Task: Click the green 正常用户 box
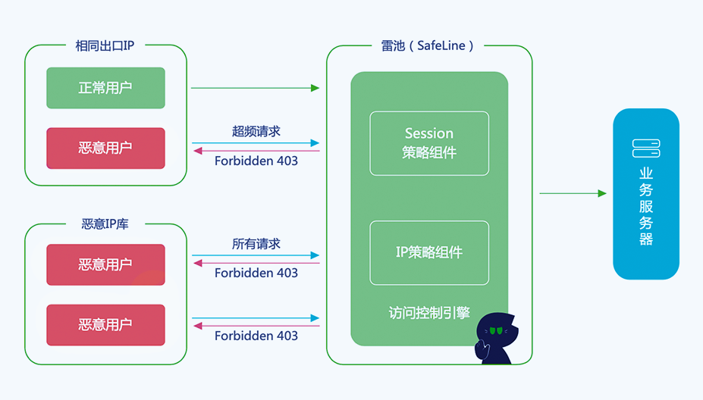105,88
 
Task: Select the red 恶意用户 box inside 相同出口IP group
105,148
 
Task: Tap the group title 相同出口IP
105,45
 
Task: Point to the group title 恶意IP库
105,224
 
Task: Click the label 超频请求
256,131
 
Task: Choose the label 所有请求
256,244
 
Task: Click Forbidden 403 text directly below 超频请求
256,161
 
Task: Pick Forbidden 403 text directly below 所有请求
256,273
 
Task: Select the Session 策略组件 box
429,143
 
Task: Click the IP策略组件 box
429,252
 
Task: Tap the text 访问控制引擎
429,312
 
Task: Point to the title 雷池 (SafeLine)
428,45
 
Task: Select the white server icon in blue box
646,148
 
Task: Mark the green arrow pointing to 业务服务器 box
573,193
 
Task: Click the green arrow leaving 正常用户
255,88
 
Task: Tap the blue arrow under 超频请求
255,142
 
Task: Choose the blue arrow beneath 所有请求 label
255,255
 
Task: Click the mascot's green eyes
496,330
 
